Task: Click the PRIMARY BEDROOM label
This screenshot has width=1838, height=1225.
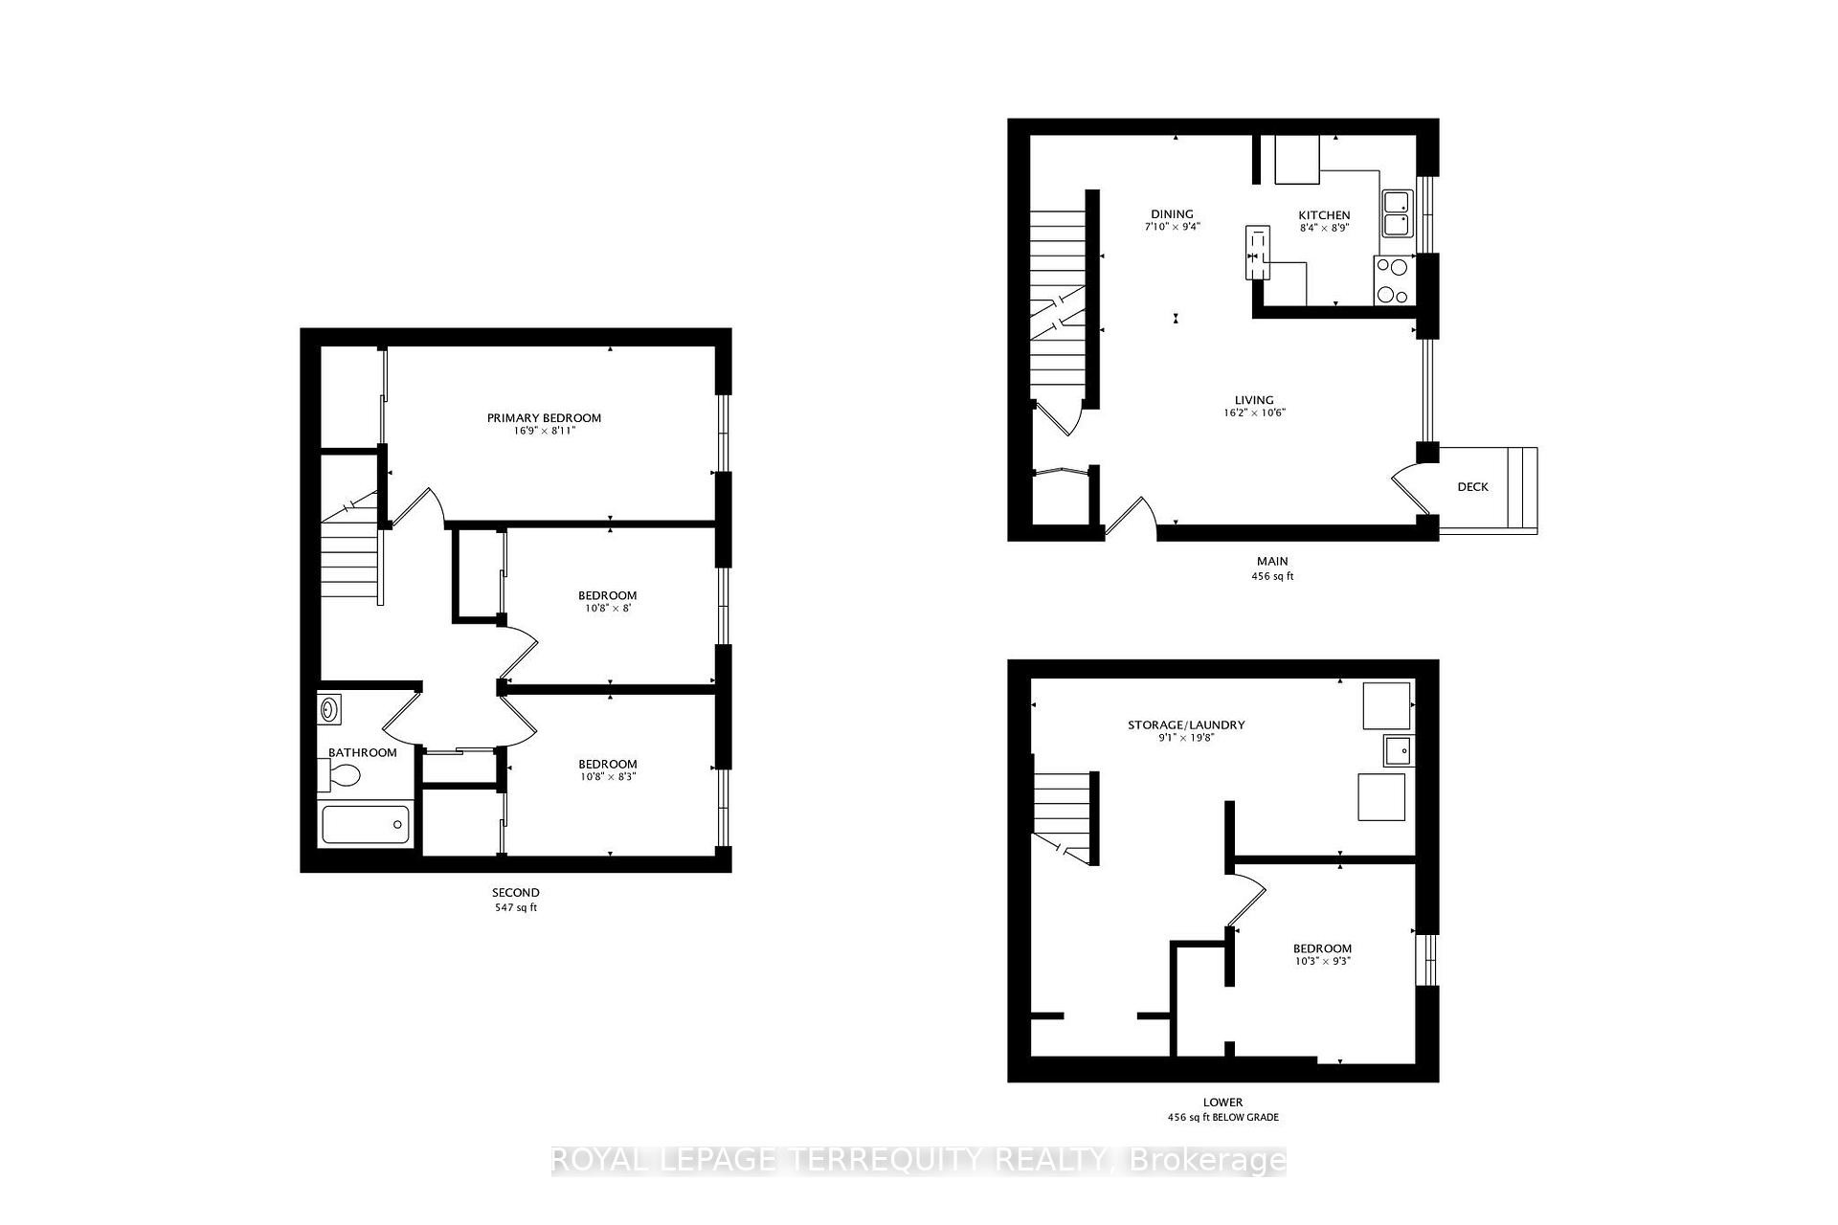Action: [544, 417]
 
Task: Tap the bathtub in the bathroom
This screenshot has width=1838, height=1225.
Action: [366, 824]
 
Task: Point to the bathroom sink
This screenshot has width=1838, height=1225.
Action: [328, 709]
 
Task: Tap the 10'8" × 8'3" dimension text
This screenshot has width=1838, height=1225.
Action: [607, 777]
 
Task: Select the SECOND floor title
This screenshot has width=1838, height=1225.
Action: [516, 893]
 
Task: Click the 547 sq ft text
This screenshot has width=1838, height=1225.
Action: [516, 907]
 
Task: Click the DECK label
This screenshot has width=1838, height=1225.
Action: [1472, 487]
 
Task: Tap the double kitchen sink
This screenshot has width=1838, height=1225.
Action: [1397, 213]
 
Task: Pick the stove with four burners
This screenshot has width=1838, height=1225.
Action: [1394, 280]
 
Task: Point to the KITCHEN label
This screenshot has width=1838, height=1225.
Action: [1324, 215]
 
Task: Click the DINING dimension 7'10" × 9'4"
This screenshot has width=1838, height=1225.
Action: [1172, 228]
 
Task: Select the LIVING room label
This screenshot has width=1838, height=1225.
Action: [1253, 400]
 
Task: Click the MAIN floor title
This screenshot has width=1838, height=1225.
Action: [1272, 562]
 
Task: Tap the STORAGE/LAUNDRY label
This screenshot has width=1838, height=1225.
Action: [1186, 724]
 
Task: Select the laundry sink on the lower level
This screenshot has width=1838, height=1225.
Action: [1398, 751]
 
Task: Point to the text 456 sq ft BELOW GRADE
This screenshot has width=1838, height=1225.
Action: [1223, 1117]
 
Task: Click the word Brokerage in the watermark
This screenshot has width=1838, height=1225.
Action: [1208, 1161]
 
